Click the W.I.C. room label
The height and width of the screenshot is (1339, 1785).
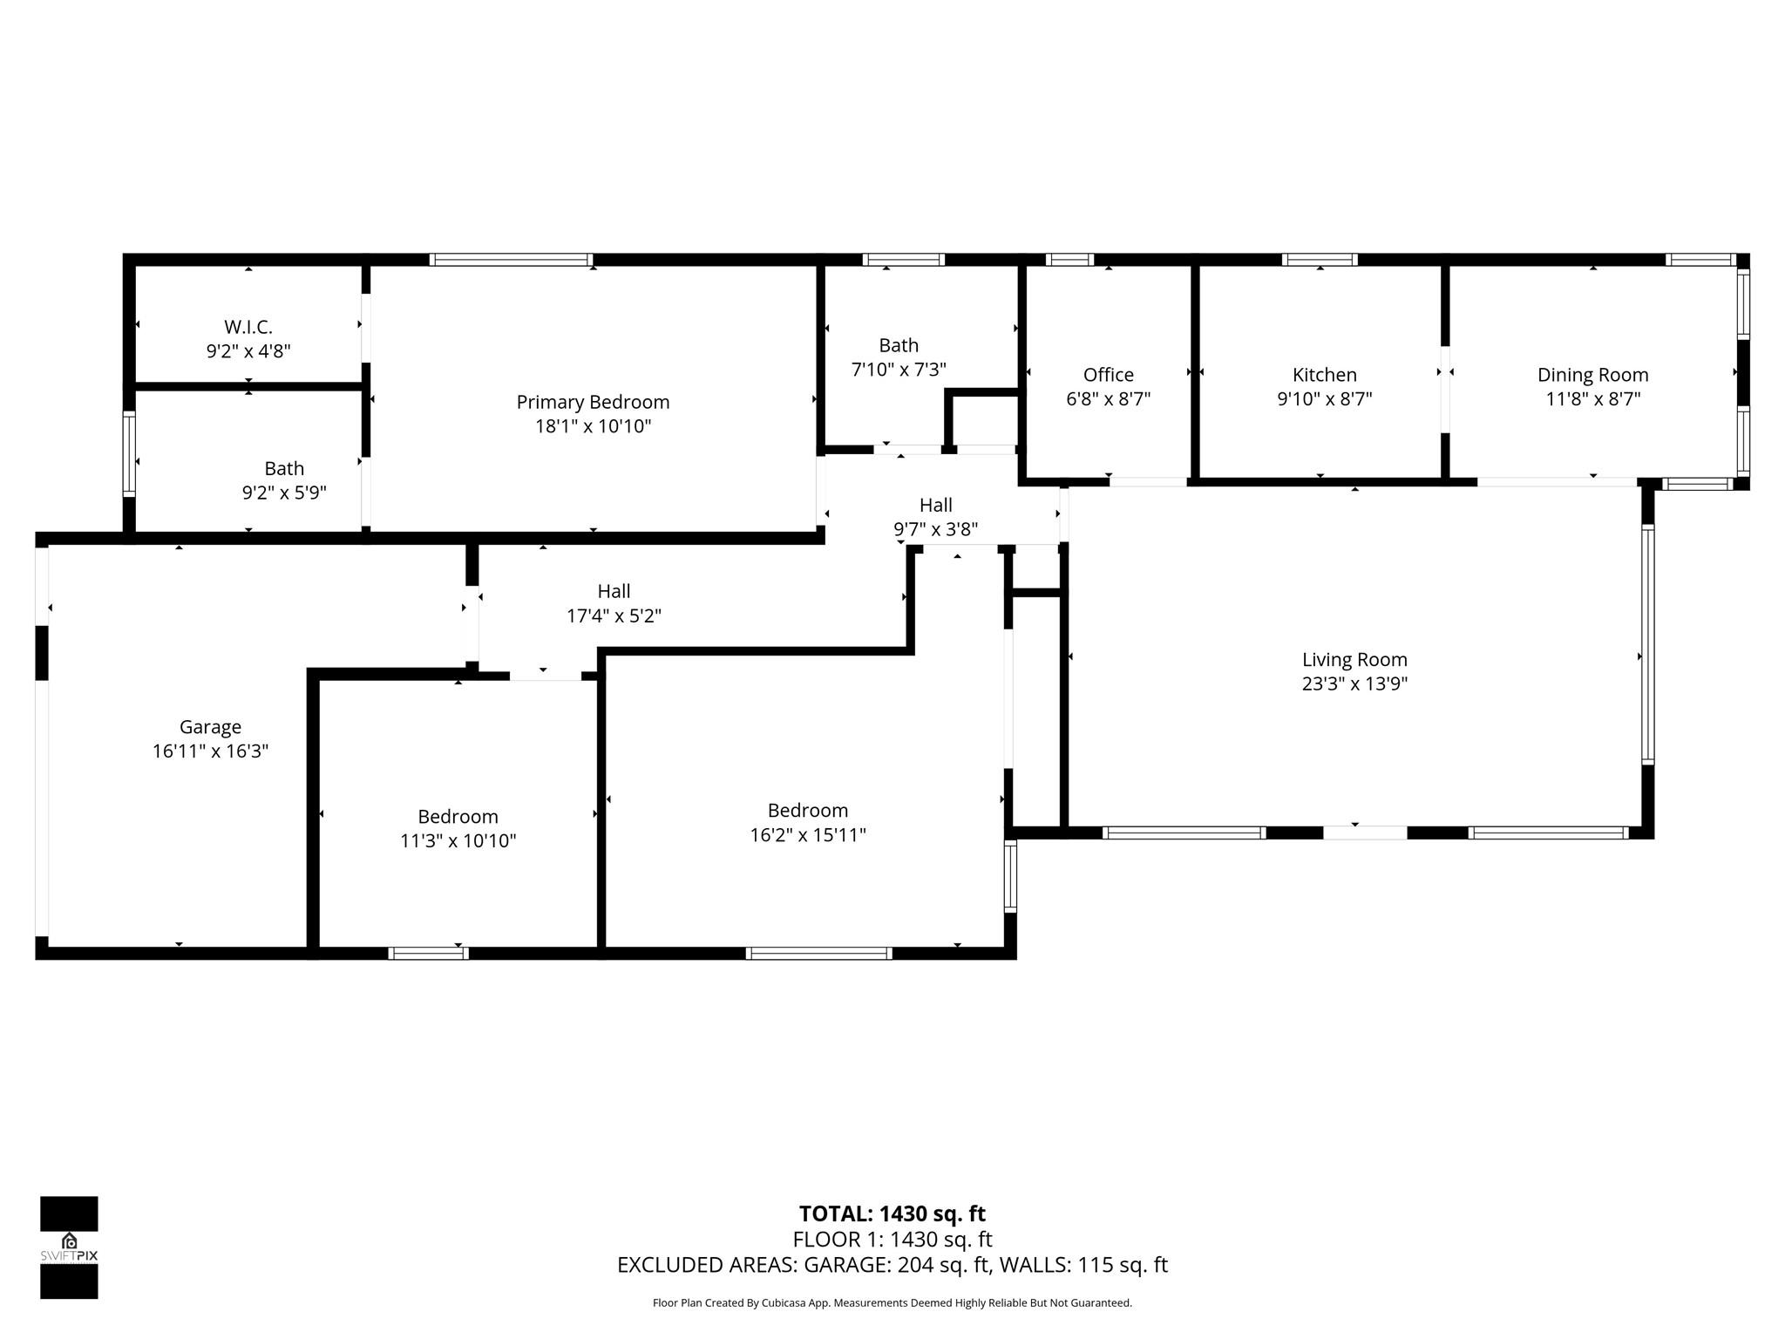click(x=248, y=327)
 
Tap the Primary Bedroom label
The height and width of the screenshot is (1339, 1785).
click(x=593, y=402)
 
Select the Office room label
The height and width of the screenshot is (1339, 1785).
click(x=1108, y=375)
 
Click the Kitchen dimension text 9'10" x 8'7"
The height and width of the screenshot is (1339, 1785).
click(x=1324, y=399)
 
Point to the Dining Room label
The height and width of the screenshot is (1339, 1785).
click(x=1592, y=375)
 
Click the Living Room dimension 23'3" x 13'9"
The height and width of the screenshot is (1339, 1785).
click(x=1354, y=684)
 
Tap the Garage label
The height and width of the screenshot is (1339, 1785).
click(x=210, y=727)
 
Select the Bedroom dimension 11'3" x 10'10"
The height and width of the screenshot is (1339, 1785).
click(x=458, y=841)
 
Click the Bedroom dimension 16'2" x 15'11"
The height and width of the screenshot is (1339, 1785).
click(x=807, y=835)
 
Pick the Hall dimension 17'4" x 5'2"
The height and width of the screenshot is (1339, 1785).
click(x=614, y=616)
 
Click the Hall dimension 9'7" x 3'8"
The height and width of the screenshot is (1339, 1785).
click(x=935, y=529)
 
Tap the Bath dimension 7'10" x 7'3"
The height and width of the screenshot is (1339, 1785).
click(x=898, y=370)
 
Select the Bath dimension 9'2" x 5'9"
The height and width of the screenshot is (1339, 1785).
click(x=284, y=493)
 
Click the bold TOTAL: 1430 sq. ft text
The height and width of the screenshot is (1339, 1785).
click(x=892, y=1213)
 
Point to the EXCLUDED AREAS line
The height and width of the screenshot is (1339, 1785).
click(x=892, y=1265)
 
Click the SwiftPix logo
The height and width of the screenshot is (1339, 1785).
click(x=69, y=1247)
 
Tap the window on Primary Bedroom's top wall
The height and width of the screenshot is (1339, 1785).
click(x=511, y=260)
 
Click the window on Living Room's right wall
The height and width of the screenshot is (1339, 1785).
click(x=1647, y=645)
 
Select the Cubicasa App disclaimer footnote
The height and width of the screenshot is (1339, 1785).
click(x=892, y=1303)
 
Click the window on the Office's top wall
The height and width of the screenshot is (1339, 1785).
click(x=1069, y=260)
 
